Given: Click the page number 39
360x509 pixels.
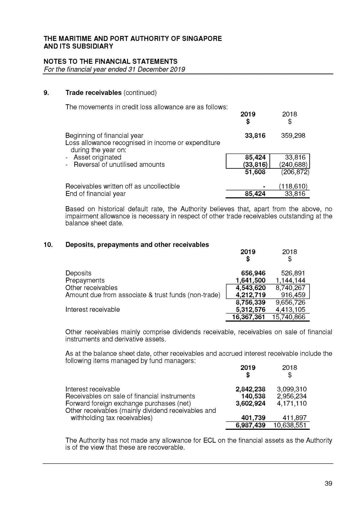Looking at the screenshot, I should click(328, 483).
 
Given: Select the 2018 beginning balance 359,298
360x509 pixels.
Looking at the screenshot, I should click(293, 136).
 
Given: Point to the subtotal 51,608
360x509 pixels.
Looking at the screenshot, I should click(255, 172).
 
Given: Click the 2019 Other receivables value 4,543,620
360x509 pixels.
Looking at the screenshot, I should click(250, 288).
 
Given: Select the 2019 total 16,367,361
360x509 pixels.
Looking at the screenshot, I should click(248, 317).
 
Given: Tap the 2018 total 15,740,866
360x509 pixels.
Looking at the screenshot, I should click(289, 317).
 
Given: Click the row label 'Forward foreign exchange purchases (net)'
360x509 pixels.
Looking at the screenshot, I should click(128, 404).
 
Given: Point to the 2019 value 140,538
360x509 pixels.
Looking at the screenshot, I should click(253, 396).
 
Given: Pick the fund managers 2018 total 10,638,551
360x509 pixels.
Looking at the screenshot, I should click(290, 425).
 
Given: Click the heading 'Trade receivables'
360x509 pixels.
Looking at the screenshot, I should click(93, 93).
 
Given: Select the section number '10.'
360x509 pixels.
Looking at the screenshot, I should click(48, 245).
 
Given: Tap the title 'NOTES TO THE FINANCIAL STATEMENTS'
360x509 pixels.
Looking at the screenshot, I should click(110, 61).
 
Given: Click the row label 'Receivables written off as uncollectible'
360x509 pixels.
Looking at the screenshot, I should click(123, 186).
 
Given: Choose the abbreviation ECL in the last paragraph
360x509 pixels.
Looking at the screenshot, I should click(209, 440).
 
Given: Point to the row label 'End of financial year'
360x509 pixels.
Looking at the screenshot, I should click(95, 194).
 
